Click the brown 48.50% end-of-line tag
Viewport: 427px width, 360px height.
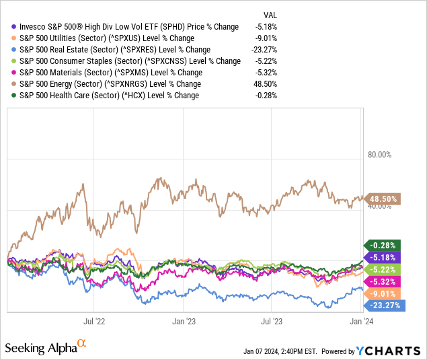(383, 199)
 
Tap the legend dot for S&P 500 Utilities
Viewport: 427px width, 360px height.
(6, 38)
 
